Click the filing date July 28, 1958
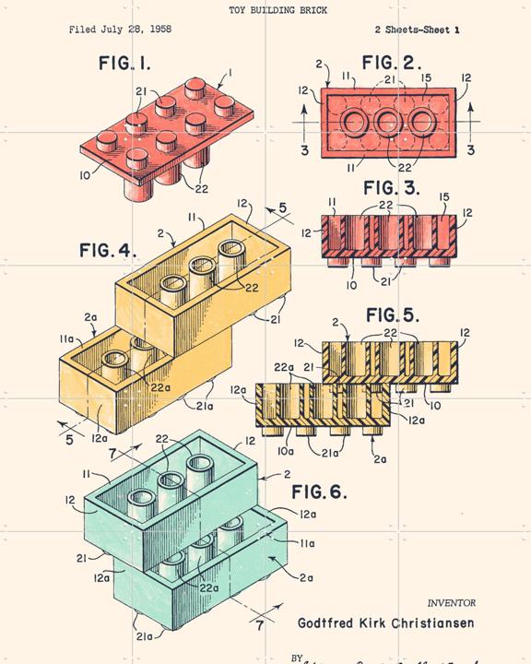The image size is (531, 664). click(x=120, y=30)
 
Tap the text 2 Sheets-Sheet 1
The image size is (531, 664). click(x=418, y=30)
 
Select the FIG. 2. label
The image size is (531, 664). click(x=392, y=64)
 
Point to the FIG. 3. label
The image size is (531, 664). click(x=391, y=188)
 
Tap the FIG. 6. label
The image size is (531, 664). click(x=319, y=492)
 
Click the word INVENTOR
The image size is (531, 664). click(x=451, y=603)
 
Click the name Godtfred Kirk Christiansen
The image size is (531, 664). click(x=386, y=622)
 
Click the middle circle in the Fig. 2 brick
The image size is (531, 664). click(x=388, y=122)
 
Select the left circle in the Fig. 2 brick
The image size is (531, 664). click(x=354, y=122)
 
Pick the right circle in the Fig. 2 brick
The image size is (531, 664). click(x=422, y=122)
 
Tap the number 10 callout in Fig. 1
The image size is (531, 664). click(x=85, y=174)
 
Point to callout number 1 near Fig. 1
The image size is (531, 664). click(x=230, y=72)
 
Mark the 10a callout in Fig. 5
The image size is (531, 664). click(x=287, y=452)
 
